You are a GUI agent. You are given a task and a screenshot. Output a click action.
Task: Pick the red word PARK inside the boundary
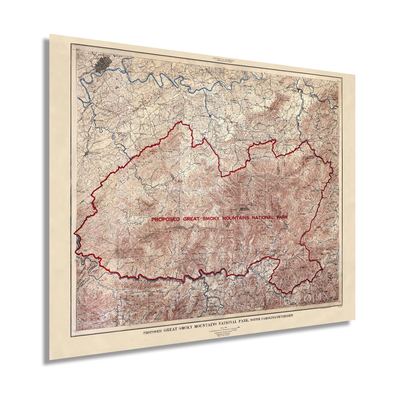281,217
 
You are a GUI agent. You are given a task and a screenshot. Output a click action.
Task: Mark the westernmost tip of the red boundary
74,233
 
